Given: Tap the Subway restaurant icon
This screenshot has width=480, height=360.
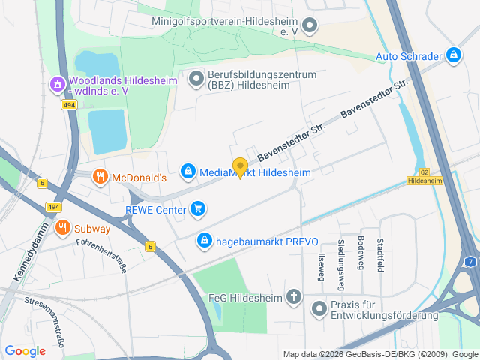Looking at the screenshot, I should click(x=62, y=228).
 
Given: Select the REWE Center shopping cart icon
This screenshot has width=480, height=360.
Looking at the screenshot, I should click(x=198, y=208).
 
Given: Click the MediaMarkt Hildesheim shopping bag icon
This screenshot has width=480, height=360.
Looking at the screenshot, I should click(x=188, y=172).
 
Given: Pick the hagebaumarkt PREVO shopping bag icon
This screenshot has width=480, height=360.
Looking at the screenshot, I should click(x=203, y=241).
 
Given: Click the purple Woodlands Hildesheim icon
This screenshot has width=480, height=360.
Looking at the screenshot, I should click(x=57, y=85).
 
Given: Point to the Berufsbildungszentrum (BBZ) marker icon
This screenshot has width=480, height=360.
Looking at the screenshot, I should click(x=196, y=78).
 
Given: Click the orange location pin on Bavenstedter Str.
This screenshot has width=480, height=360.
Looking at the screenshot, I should click(x=240, y=167).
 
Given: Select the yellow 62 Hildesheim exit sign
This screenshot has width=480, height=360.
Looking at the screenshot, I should click(x=424, y=177).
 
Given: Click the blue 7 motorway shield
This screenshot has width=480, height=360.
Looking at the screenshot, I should click(x=470, y=261).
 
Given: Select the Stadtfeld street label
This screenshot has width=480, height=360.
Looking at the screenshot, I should click(x=380, y=255).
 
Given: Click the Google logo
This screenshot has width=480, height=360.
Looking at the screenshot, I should click(x=25, y=350).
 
